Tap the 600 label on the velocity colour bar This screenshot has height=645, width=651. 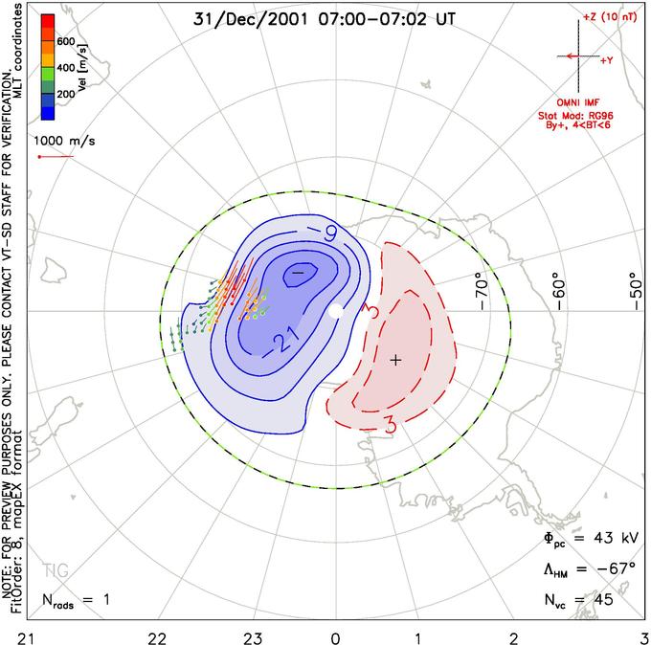[66, 41]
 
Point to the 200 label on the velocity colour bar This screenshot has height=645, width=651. [66, 94]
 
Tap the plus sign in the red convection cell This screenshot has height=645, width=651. [395, 360]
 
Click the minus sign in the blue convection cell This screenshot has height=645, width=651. [298, 273]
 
